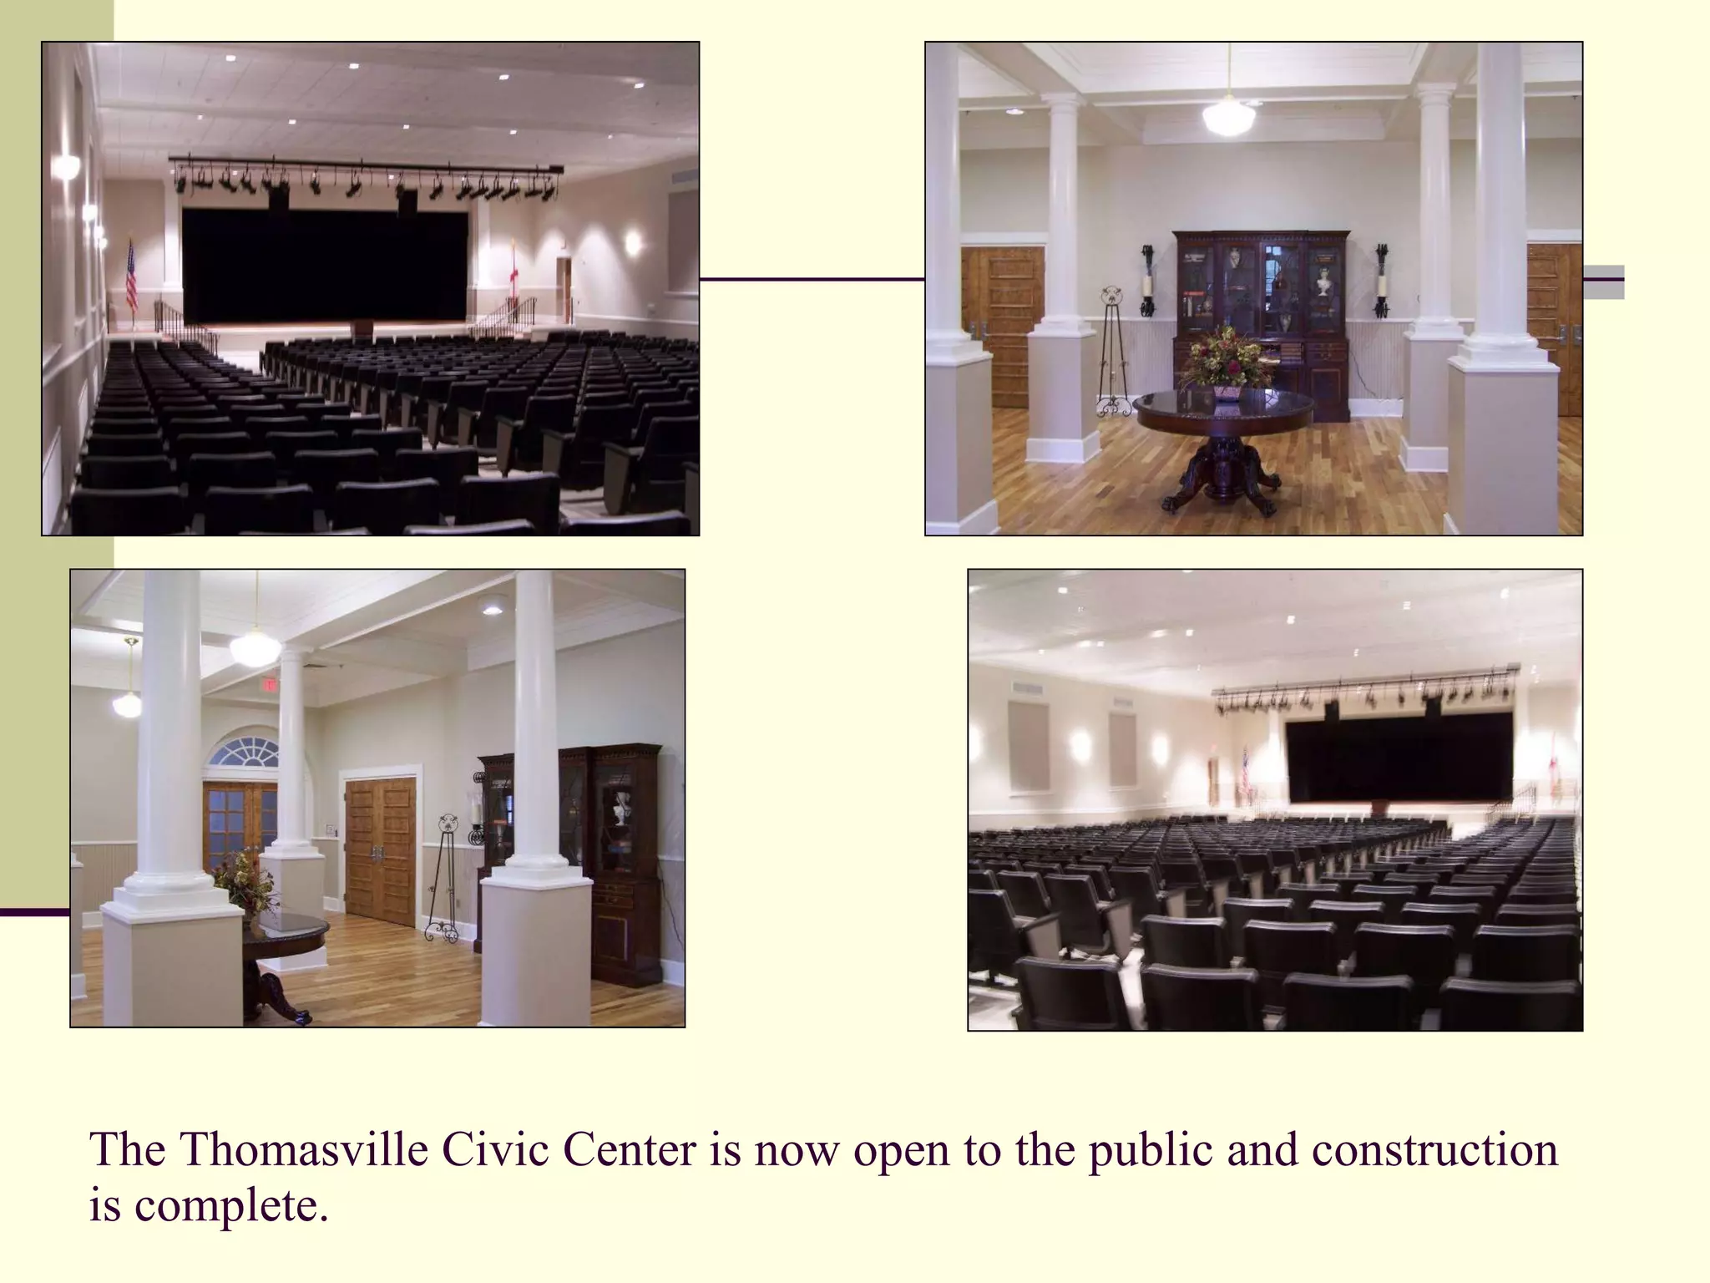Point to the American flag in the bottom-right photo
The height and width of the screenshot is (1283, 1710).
tap(1244, 772)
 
